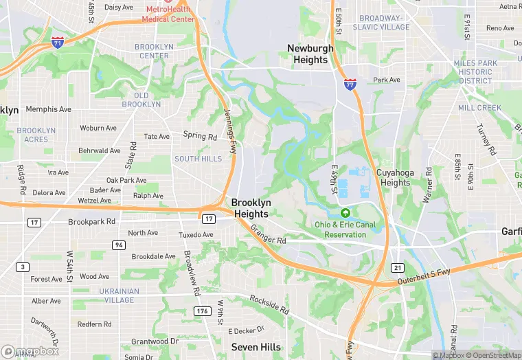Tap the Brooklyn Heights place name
click(251, 208)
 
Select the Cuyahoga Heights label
click(395, 178)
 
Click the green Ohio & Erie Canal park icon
click(346, 213)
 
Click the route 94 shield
click(119, 245)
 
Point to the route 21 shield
click(397, 267)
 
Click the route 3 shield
click(24, 267)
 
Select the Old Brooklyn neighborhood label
click(141, 100)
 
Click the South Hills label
click(198, 159)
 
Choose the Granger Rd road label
click(268, 236)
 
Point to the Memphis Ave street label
click(48, 109)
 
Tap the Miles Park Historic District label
click(475, 72)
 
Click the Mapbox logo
click(30, 351)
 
